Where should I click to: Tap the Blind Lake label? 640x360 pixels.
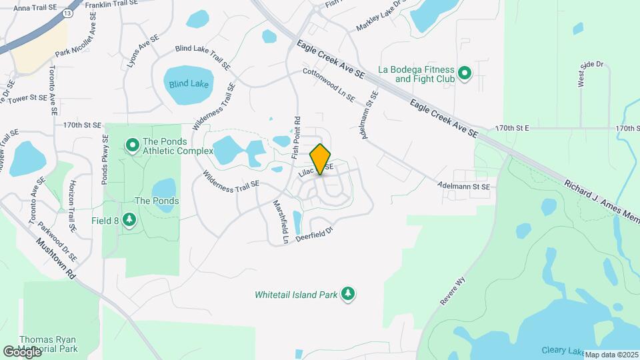tap(189, 85)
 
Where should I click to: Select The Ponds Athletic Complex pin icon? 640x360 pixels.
tap(133, 143)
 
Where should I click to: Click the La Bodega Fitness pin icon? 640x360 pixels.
tap(465, 73)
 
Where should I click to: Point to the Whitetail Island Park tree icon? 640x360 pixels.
tap(347, 293)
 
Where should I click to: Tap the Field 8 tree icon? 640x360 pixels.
tap(129, 219)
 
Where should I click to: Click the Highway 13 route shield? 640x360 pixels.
tap(67, 13)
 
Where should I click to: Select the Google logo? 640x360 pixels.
tap(22, 351)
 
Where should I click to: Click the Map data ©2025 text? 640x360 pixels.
tap(611, 355)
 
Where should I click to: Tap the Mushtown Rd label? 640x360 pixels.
tap(56, 260)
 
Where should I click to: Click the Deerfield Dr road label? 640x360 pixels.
tap(314, 235)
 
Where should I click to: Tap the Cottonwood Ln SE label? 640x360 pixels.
tap(328, 85)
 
